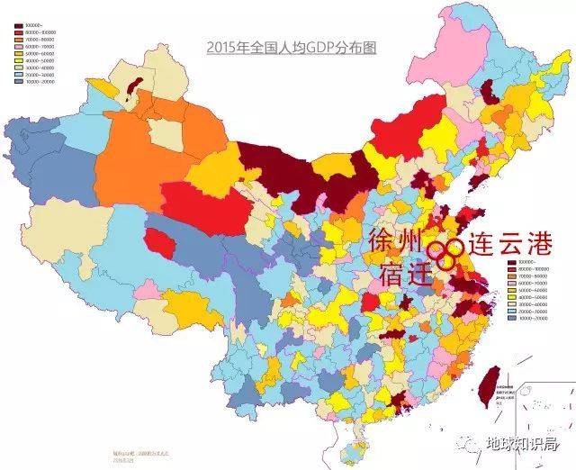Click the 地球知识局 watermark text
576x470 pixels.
pyautogui.click(x=521, y=444)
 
